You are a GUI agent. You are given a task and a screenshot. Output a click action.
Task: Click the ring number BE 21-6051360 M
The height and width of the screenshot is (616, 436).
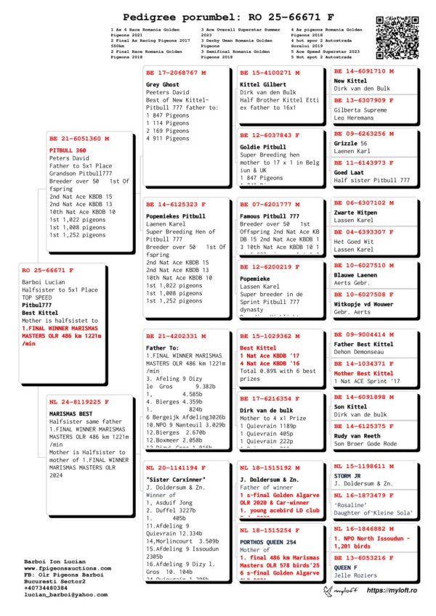click(80, 138)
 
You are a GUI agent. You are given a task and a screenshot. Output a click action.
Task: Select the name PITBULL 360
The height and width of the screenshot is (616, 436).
click(68, 150)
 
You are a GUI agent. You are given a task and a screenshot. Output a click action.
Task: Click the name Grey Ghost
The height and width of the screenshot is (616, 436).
click(162, 85)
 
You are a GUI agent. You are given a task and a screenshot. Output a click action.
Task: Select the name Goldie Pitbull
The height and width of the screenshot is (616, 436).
click(261, 147)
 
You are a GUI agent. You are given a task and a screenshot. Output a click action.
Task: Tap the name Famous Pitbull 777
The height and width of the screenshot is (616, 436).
click(269, 216)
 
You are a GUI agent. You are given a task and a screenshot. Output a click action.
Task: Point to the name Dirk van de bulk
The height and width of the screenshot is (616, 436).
click(267, 411)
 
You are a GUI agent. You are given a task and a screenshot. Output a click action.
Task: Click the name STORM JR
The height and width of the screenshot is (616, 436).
click(350, 477)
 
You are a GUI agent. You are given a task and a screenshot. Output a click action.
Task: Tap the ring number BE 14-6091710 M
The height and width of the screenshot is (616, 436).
click(363, 71)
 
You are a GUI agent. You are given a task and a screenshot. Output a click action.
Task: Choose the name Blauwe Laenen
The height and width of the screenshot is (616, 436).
click(355, 276)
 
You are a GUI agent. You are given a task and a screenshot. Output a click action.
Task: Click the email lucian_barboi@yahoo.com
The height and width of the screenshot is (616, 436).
click(65, 594)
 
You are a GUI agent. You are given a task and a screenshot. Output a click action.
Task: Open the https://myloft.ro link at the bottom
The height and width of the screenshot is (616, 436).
click(394, 591)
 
